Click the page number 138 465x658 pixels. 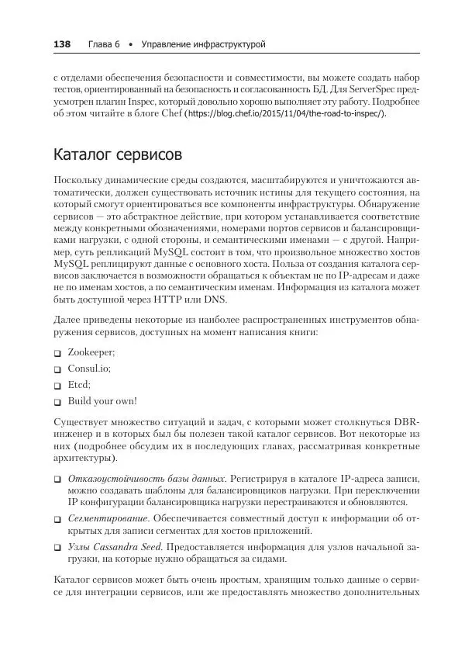[x=61, y=45]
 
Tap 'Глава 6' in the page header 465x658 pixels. [x=104, y=45]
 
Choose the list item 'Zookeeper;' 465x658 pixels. [x=91, y=352]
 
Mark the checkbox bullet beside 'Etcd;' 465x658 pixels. [x=57, y=386]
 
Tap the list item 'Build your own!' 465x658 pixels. [x=102, y=401]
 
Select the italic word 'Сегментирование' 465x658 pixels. [x=108, y=518]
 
